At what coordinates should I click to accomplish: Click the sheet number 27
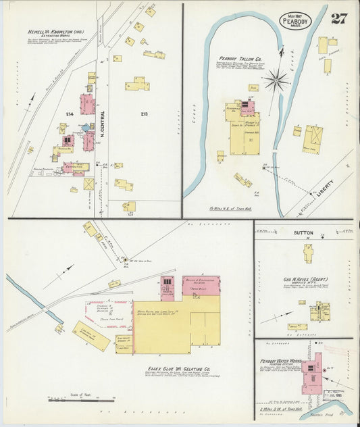[338, 18]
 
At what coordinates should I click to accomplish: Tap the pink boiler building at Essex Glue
[201, 284]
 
